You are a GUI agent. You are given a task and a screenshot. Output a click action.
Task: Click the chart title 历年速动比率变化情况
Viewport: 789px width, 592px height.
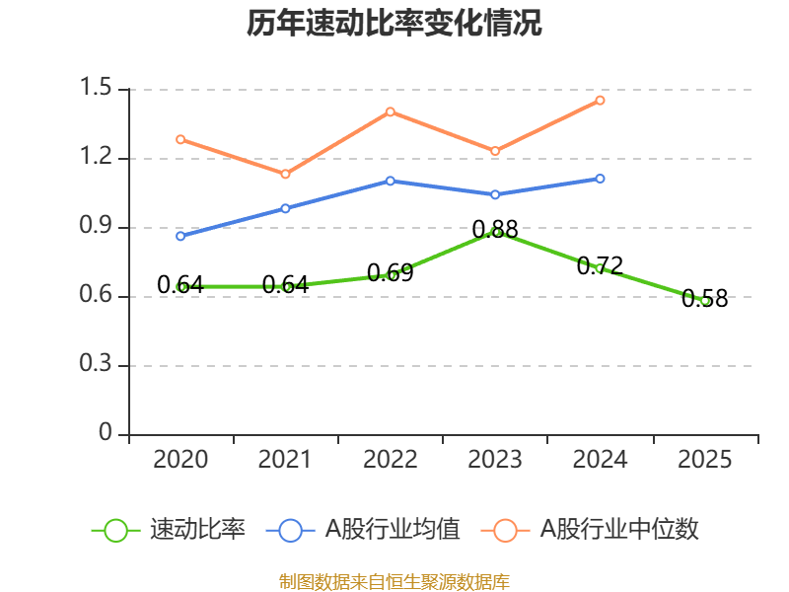[394, 24]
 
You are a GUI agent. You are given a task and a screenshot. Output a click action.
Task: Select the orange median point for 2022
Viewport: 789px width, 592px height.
[391, 111]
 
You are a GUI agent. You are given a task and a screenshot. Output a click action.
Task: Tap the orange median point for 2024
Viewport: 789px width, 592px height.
[600, 101]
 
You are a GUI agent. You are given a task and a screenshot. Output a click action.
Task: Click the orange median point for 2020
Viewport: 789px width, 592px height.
[180, 139]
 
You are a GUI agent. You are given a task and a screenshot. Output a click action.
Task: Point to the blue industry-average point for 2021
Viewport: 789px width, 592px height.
[285, 208]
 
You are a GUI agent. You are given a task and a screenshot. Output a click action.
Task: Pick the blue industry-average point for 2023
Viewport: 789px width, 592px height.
[495, 194]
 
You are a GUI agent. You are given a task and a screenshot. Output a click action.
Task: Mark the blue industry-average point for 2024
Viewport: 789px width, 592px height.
[600, 179]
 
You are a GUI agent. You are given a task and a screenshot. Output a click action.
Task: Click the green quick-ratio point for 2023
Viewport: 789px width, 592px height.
[495, 232]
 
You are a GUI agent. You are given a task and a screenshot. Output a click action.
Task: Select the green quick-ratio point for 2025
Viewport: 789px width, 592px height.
[705, 301]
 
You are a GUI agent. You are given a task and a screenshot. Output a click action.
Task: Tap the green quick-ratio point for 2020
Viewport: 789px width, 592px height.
[180, 287]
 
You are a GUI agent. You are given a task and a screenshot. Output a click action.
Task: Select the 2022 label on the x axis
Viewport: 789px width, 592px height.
[391, 460]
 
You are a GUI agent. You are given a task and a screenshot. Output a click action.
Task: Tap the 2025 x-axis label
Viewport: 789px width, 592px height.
[705, 460]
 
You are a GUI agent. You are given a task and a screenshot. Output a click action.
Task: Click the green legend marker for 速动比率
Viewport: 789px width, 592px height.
[115, 530]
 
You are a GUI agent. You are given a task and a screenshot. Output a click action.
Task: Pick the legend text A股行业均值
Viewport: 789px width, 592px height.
[393, 530]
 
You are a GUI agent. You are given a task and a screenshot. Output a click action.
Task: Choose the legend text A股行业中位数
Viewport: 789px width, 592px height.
[619, 530]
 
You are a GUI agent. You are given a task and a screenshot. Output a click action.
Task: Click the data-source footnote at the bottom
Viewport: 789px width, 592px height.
[394, 581]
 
